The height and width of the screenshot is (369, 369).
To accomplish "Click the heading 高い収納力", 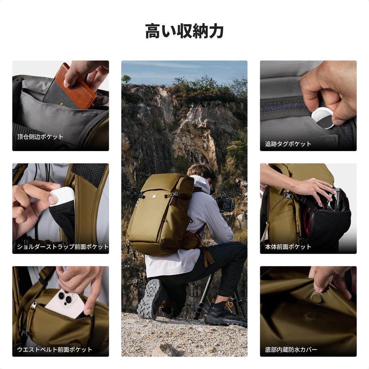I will point(184,31).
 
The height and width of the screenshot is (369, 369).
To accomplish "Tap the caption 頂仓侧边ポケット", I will point(40,137).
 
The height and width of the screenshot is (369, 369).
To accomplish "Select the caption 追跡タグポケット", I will point(288,144).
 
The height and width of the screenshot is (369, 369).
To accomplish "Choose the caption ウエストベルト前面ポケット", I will point(54,350).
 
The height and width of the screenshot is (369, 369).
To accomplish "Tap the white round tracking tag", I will point(322,117).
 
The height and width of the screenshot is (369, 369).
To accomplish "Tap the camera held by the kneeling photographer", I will point(225,204).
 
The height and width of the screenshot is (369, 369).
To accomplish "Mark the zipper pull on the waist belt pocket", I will point(34,306).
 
